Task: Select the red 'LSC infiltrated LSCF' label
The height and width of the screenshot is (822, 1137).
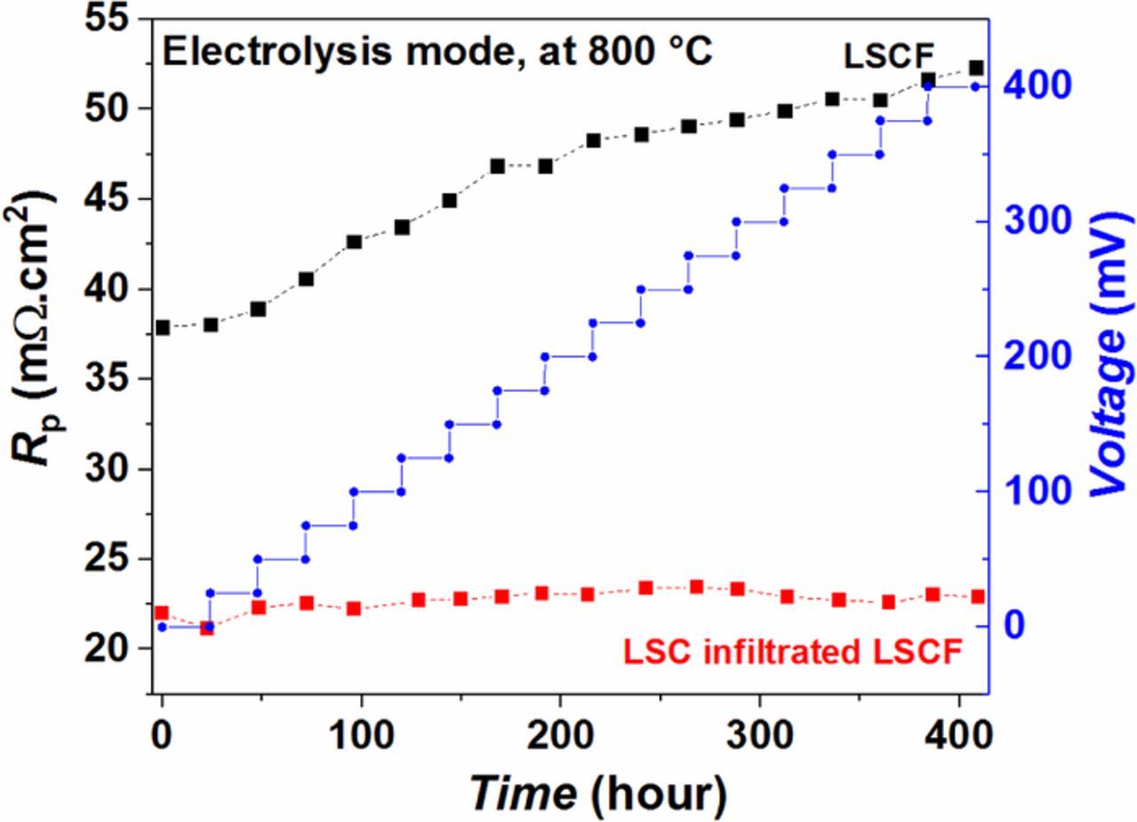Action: point(792,653)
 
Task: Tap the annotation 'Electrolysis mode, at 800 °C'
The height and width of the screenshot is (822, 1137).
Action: point(437,52)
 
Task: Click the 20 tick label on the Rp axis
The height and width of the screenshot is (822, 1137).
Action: point(112,649)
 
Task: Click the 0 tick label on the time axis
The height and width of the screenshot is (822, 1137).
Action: point(162,737)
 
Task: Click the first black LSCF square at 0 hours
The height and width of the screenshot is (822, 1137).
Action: point(162,328)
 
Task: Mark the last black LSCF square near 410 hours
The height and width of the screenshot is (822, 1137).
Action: point(976,68)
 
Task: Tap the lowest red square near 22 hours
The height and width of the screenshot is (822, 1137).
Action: point(207,628)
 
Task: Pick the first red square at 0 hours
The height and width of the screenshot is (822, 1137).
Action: point(162,613)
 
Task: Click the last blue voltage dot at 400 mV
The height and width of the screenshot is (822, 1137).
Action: point(975,86)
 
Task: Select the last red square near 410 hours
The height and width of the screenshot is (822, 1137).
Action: point(977,596)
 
